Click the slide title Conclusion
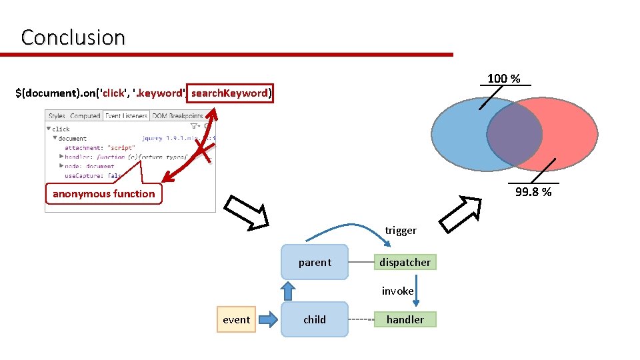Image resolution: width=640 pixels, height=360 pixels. (73, 37)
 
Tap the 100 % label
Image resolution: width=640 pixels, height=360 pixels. (503, 79)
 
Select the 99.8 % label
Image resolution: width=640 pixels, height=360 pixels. (533, 192)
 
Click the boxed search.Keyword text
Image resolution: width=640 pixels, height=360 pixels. (229, 93)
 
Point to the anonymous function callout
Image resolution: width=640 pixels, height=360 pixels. (103, 193)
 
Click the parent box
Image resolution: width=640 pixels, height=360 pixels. (315, 262)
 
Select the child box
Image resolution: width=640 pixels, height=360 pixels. (315, 319)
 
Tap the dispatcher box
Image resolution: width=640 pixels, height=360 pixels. (405, 262)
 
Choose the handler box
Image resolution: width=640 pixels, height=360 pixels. (405, 319)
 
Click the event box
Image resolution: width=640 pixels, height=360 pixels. (236, 319)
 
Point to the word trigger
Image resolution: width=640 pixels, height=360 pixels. (401, 231)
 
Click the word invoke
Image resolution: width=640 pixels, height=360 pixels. (397, 291)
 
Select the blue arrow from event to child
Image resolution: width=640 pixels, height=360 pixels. (267, 319)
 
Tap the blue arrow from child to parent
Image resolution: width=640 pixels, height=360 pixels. (288, 291)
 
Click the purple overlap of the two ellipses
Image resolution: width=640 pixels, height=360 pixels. (514, 135)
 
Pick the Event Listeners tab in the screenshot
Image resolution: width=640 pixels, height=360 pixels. (126, 116)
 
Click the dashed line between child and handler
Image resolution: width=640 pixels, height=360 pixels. (361, 319)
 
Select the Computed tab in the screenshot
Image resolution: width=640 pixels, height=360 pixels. (85, 116)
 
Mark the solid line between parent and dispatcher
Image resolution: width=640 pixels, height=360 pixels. (361, 262)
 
